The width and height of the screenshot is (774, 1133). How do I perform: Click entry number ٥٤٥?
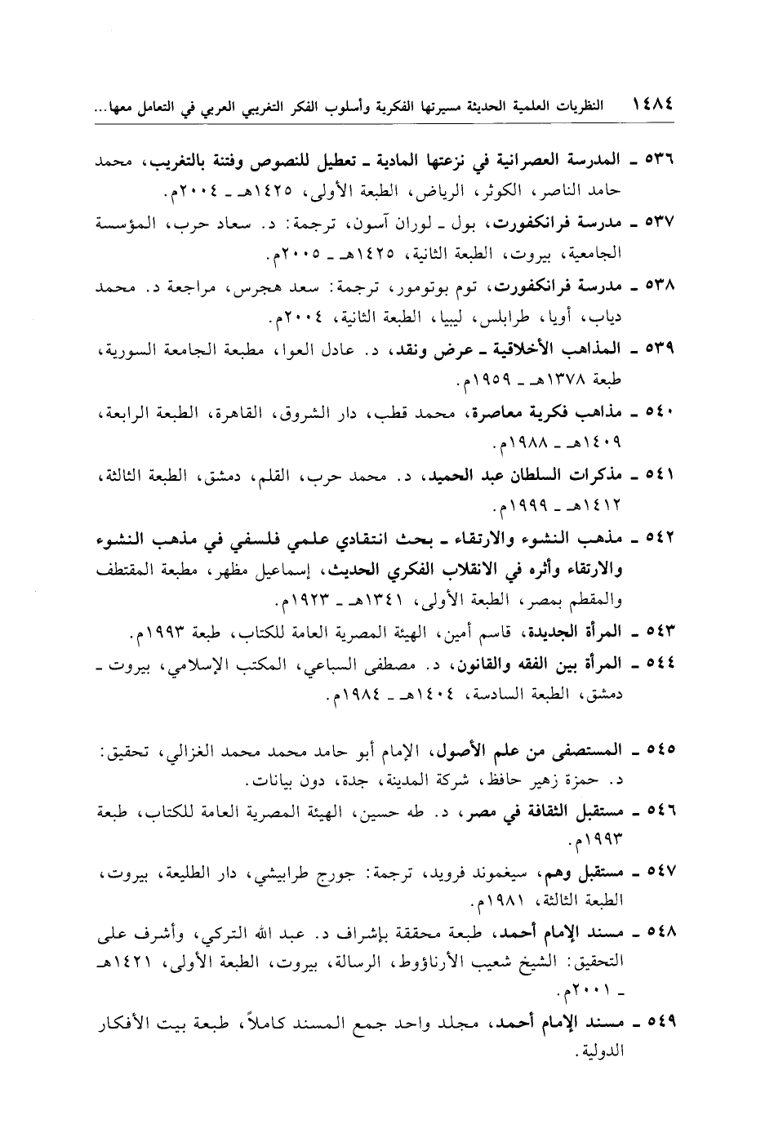[667, 748]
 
